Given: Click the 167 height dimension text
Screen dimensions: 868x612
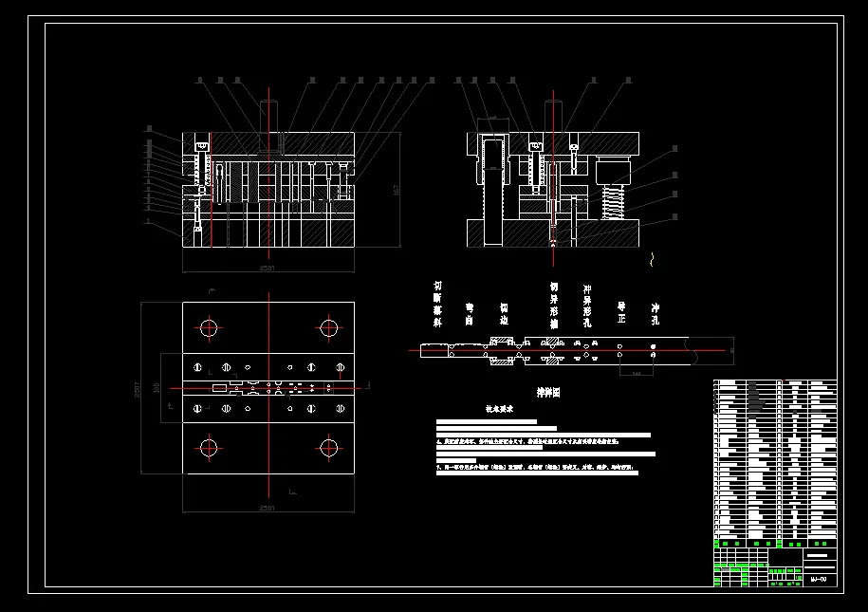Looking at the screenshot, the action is pyautogui.click(x=395, y=190).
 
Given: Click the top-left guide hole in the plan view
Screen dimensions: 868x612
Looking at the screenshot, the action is pyautogui.click(x=209, y=328).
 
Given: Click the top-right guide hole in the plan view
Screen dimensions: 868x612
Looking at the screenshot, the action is pyautogui.click(x=328, y=328).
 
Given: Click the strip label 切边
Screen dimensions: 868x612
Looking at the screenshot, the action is pyautogui.click(x=504, y=314).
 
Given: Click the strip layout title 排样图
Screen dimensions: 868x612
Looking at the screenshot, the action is pyautogui.click(x=548, y=391).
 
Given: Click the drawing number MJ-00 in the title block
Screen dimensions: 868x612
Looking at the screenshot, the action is pyautogui.click(x=819, y=579).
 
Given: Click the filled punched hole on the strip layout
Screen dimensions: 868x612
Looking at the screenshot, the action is pyautogui.click(x=654, y=359).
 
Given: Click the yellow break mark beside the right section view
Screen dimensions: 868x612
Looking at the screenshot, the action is pyautogui.click(x=652, y=257).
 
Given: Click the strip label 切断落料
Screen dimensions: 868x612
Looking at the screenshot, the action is pyautogui.click(x=437, y=304).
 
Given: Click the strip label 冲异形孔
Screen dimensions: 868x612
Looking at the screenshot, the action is pyautogui.click(x=587, y=304).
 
